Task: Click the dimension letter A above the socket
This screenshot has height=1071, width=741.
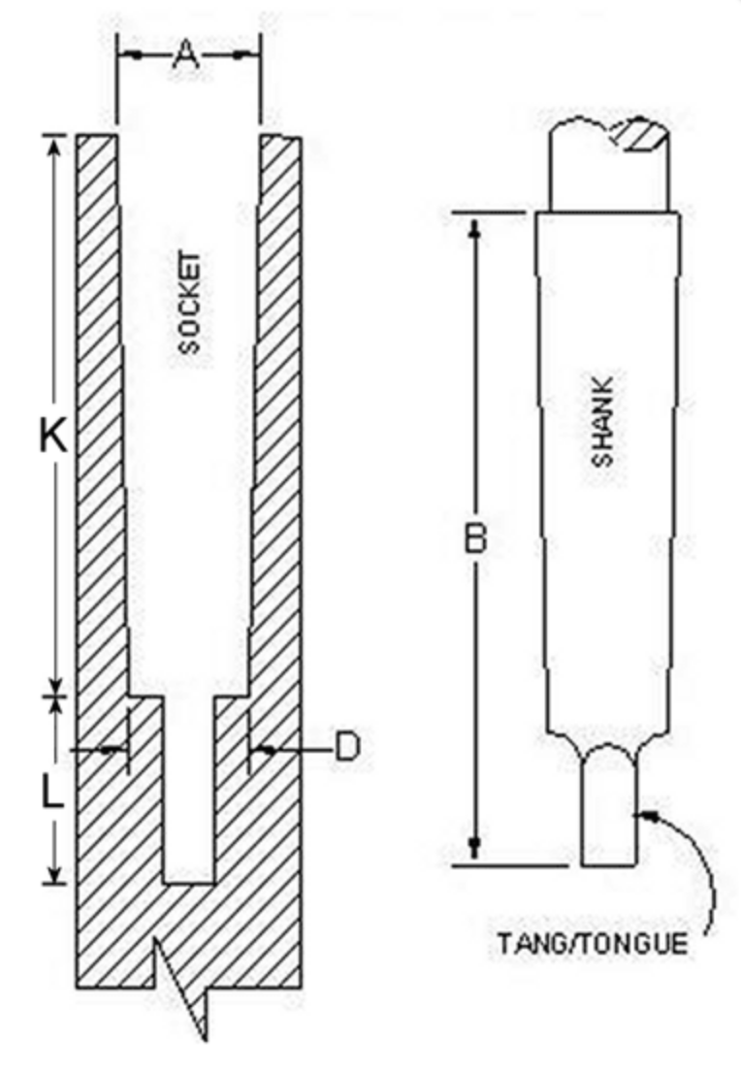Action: coord(186,54)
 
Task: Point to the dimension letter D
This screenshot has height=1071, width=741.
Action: coord(347,747)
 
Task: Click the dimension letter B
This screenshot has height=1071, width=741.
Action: coord(475,537)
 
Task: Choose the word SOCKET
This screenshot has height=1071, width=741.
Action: coord(190,303)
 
